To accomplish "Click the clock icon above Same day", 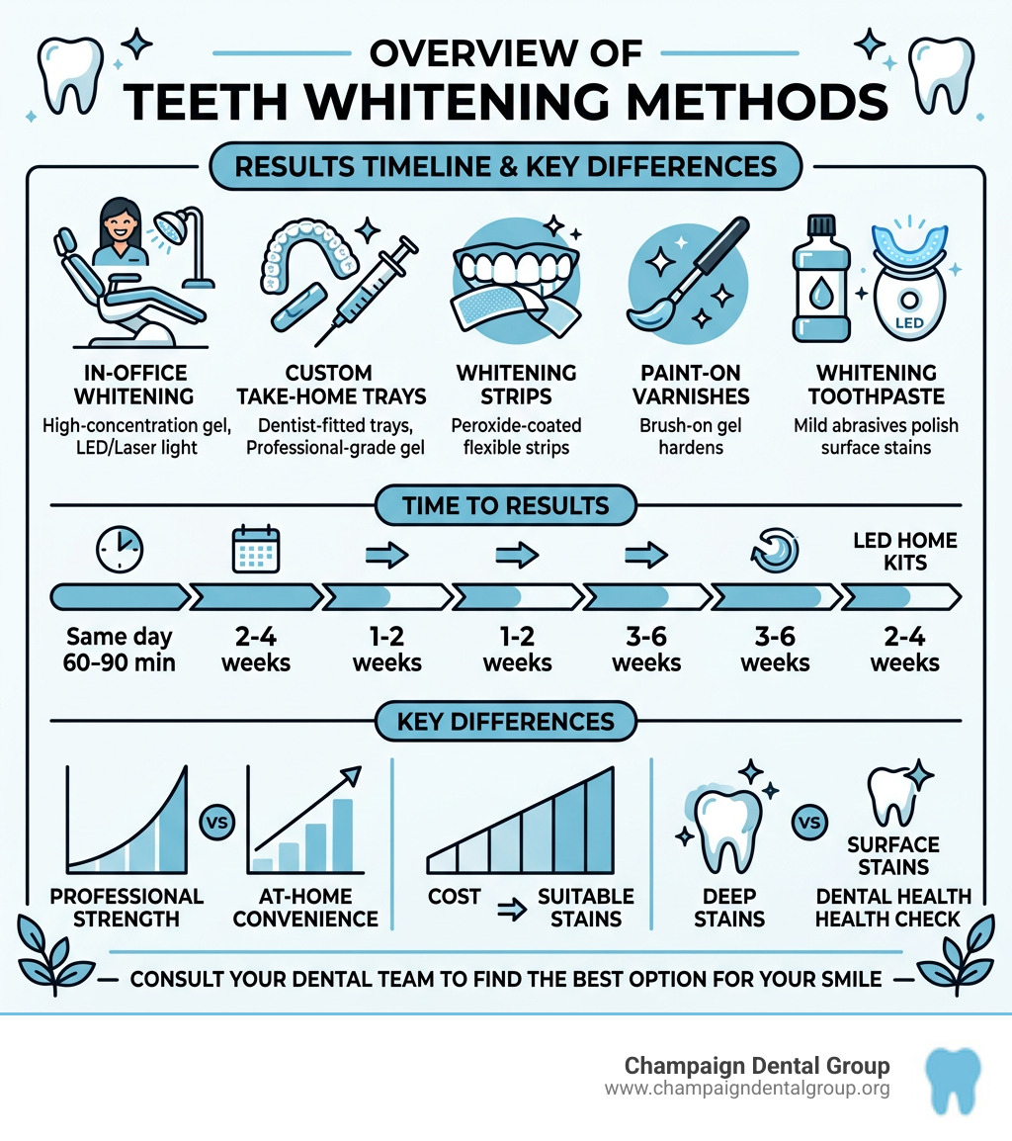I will [120, 549].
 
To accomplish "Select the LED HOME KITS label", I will [904, 552].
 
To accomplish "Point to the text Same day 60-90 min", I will [120, 649].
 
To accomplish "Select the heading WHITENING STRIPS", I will [516, 385].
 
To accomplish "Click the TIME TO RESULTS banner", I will [506, 506].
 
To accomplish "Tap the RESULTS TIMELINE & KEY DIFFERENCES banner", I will [506, 167].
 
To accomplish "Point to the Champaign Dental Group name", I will [757, 1066].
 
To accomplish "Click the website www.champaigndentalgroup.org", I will [747, 1090].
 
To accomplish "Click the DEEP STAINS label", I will [729, 907].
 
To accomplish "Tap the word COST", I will [455, 897].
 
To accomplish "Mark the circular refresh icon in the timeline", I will [772, 549].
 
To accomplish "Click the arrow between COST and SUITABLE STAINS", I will [511, 910].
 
